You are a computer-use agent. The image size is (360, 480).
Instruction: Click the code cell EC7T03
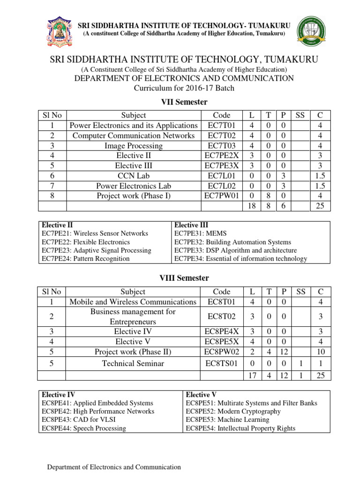coord(222,146)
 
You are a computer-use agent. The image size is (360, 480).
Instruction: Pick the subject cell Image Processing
coord(134,146)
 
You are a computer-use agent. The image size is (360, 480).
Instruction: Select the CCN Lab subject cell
coord(134,176)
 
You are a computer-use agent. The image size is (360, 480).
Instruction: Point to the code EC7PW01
coord(222,196)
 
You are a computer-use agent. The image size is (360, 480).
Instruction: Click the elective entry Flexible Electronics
coord(86,242)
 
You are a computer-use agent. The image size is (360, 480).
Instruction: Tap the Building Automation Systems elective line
coord(232,242)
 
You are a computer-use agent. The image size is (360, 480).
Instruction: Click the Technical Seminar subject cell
coord(134,363)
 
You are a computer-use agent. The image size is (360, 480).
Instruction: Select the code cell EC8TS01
coord(222,363)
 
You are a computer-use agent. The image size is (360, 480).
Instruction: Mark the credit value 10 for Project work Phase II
coord(320,352)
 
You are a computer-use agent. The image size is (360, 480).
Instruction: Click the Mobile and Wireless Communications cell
coord(134,302)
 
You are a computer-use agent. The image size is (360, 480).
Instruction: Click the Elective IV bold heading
coord(59,395)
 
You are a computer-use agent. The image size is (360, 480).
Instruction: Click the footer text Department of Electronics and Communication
coord(115,467)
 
